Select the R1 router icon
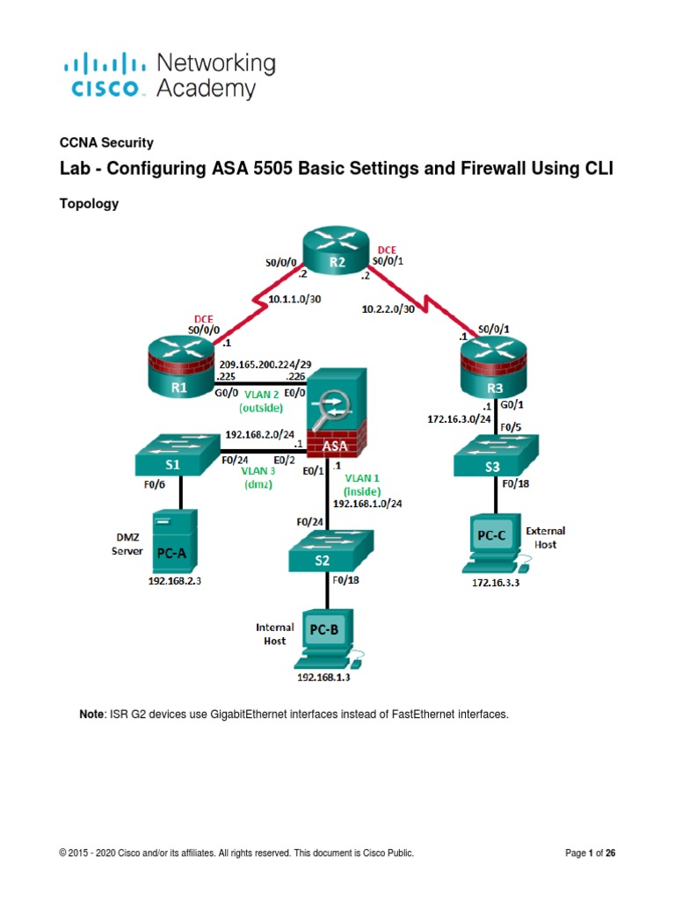(x=179, y=374)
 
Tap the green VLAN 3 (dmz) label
(x=259, y=476)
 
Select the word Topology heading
(x=88, y=204)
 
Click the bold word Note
(x=92, y=715)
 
